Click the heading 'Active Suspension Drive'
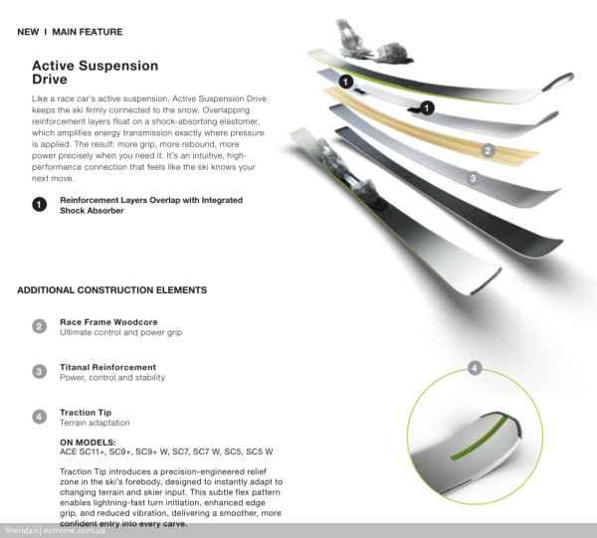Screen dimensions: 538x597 [95, 72]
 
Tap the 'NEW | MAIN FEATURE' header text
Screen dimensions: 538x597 [70, 32]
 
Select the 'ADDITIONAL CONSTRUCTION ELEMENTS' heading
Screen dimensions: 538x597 [111, 290]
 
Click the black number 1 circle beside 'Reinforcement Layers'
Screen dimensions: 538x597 [39, 204]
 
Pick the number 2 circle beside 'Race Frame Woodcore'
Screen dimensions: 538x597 [39, 326]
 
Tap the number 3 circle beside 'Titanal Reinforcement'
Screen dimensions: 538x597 [39, 372]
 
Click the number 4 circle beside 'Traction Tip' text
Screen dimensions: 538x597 [39, 417]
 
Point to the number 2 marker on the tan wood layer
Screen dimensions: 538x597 [488, 151]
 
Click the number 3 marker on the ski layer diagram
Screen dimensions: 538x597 [474, 179]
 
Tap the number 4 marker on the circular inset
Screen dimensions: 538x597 [475, 368]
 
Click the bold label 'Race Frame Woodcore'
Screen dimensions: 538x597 [108, 322]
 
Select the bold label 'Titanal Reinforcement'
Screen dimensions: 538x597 [107, 368]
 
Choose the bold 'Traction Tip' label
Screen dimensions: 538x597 [86, 412]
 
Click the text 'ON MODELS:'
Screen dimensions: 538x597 [88, 441]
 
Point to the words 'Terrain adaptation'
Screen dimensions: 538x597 [95, 423]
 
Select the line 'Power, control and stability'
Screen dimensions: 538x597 [112, 378]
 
